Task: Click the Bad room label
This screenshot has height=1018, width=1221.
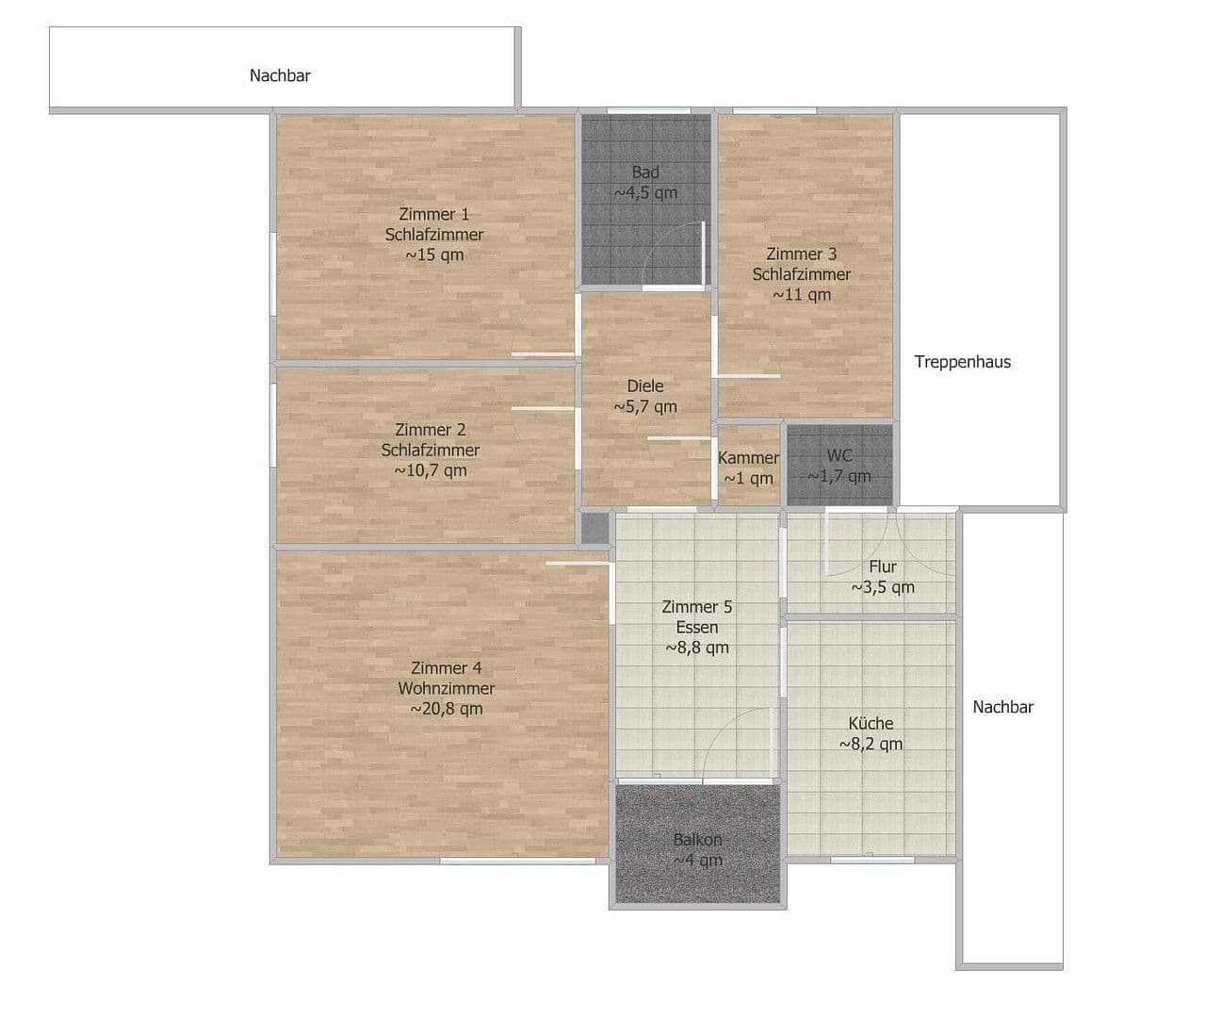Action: [645, 172]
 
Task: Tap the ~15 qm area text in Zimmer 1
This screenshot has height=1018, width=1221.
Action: [434, 254]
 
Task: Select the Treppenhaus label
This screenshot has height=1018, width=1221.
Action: [962, 361]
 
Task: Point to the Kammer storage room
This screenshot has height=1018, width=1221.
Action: [748, 467]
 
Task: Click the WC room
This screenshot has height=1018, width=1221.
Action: [838, 465]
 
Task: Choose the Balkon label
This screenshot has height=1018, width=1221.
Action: [697, 840]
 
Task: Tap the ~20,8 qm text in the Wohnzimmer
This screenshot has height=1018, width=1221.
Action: [447, 709]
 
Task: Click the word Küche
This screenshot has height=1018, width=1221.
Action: [871, 723]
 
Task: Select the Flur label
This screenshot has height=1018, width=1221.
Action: [883, 566]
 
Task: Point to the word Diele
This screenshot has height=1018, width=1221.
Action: [645, 386]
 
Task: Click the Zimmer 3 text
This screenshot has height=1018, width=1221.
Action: [801, 254]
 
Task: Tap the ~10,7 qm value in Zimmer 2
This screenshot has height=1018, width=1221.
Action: [431, 470]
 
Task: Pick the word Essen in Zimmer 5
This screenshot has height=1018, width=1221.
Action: [696, 627]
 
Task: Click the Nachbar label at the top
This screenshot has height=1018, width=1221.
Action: [280, 75]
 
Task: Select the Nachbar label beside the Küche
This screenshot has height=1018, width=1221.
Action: [1002, 707]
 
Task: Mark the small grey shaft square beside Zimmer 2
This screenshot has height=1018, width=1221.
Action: [594, 529]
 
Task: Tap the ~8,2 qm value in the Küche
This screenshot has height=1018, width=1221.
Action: [871, 744]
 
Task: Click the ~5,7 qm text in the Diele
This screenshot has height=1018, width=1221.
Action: [645, 407]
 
